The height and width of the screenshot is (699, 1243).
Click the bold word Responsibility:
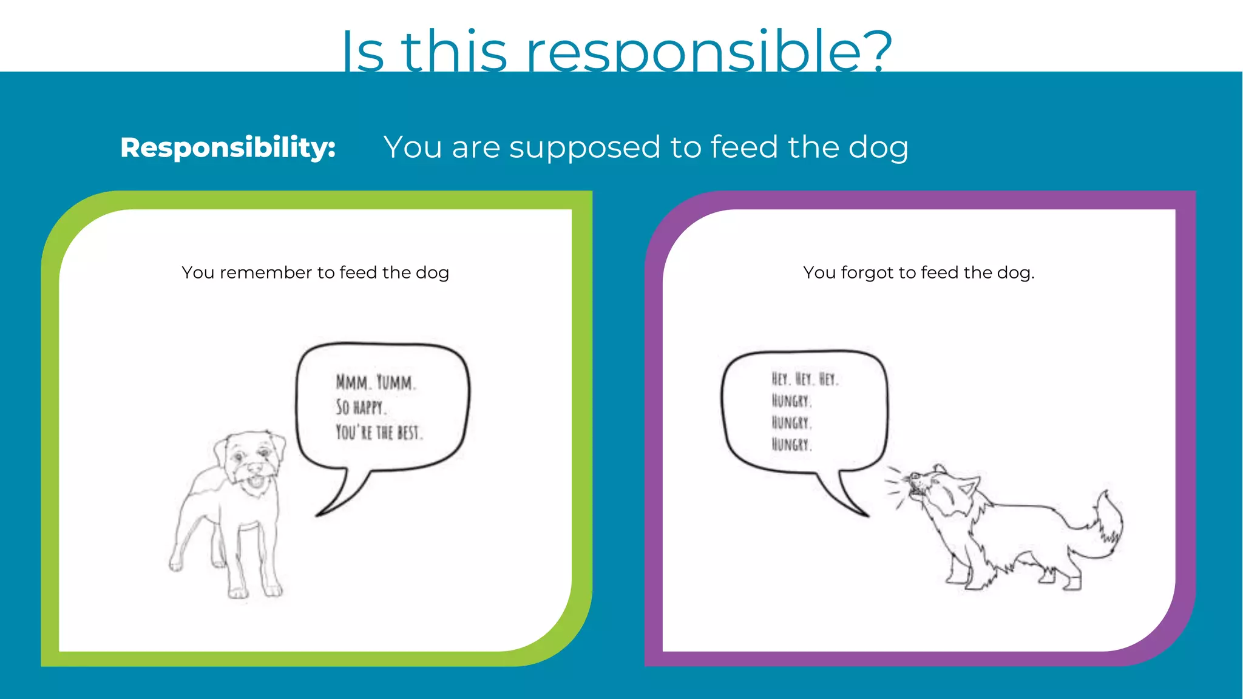coord(228,147)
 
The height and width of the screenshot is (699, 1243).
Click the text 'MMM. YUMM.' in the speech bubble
coord(376,382)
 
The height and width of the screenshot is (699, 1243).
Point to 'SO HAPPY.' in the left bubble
coord(361,407)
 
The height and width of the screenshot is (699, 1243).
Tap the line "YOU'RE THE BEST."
coord(379,432)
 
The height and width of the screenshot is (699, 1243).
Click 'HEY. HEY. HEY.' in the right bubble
coord(805,379)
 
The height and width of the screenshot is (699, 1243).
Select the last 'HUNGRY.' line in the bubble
coord(791,445)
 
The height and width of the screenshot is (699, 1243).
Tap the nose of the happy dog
coord(256,468)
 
